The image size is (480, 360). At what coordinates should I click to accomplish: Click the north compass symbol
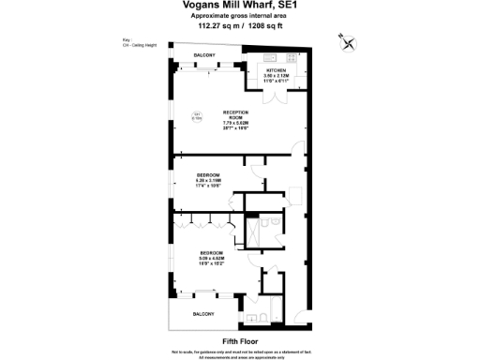pyautogui.click(x=348, y=41)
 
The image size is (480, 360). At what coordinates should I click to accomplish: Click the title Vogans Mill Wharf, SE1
pyautogui.click(x=240, y=6)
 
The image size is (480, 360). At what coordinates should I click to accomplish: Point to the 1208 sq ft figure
pyautogui.click(x=265, y=26)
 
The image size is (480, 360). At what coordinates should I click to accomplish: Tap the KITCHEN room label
pyautogui.click(x=277, y=70)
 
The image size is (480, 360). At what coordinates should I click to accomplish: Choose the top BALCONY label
pyautogui.click(x=204, y=55)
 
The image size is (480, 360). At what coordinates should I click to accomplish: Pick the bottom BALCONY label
pyautogui.click(x=204, y=313)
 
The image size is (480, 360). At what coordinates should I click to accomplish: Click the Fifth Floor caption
pyautogui.click(x=240, y=340)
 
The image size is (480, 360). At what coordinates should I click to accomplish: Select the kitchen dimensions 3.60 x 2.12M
pyautogui.click(x=277, y=76)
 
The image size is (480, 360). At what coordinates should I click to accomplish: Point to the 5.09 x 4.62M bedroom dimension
pyautogui.click(x=212, y=260)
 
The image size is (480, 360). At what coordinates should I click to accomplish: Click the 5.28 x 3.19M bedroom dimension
pyautogui.click(x=208, y=181)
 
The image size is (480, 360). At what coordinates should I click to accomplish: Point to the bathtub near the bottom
pyautogui.click(x=272, y=300)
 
